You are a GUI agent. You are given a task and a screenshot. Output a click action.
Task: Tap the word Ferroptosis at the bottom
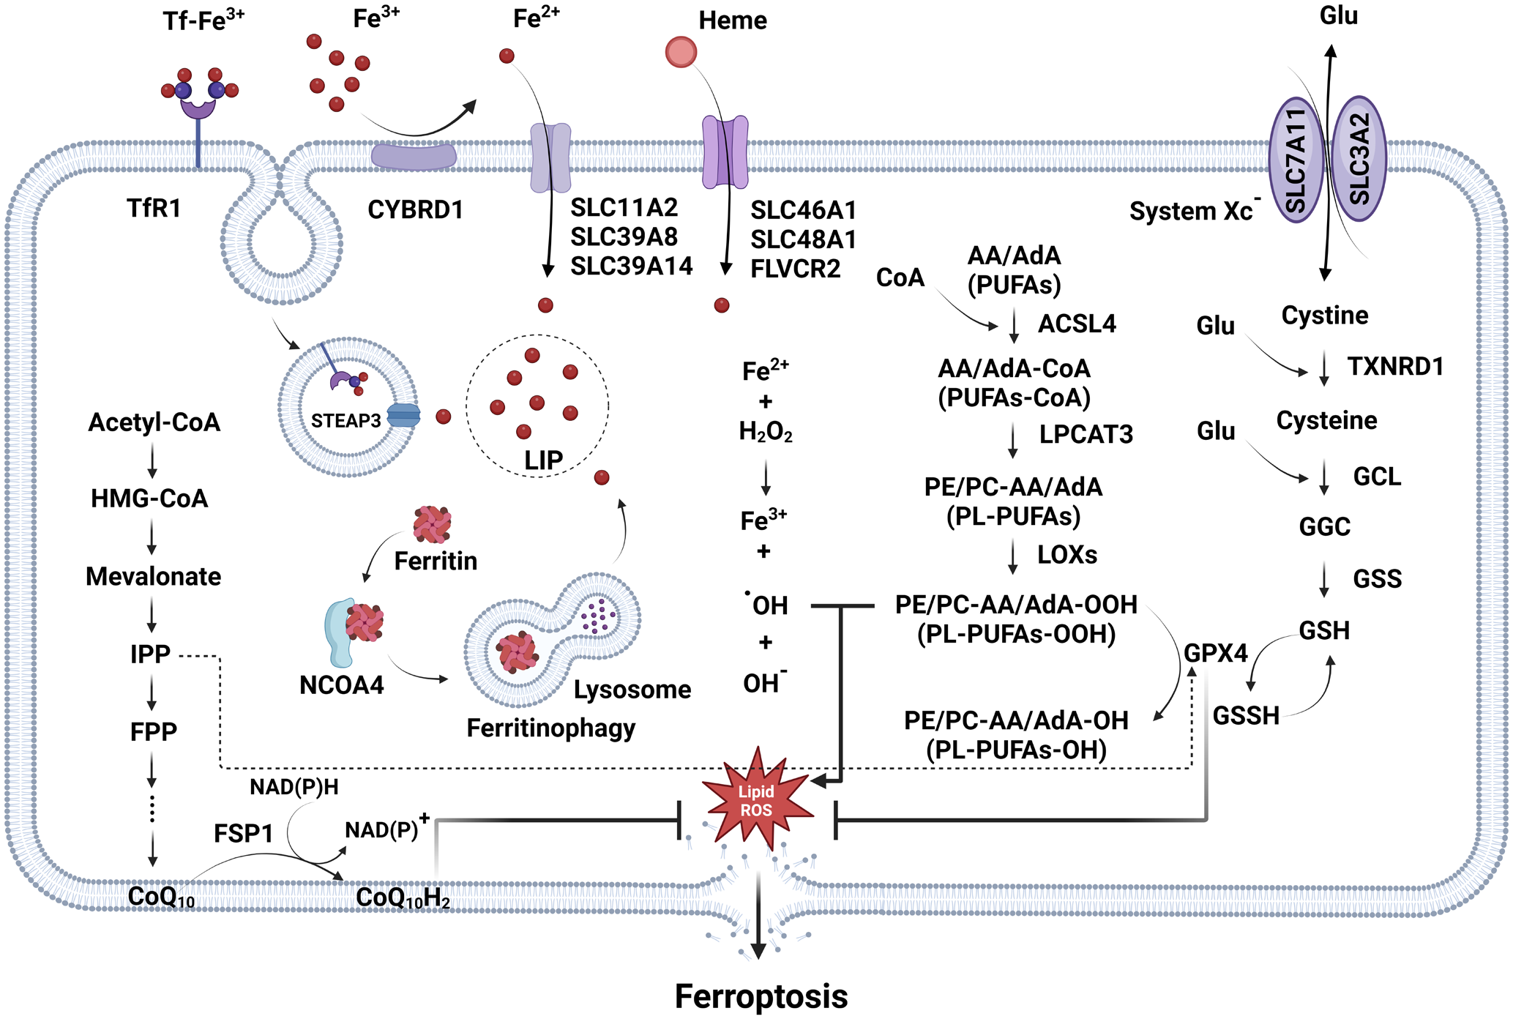tap(761, 996)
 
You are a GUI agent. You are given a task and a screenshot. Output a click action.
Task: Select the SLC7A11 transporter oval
tap(1296, 160)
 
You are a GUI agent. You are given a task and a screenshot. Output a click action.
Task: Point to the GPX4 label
tap(1215, 653)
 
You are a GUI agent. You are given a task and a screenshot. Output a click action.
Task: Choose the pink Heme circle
tap(681, 52)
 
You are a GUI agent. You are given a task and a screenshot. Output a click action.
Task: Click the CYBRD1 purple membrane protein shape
tap(414, 157)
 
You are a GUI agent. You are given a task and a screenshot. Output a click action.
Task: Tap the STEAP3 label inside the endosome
tap(345, 421)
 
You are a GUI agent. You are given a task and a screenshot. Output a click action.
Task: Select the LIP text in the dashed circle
tap(543, 460)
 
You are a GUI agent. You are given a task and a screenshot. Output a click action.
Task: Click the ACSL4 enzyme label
tap(1077, 324)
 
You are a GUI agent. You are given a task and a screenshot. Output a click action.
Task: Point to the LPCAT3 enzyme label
tap(1086, 434)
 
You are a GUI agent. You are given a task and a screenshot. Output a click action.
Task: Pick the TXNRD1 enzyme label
tap(1395, 366)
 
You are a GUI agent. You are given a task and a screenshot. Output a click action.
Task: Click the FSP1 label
tap(243, 833)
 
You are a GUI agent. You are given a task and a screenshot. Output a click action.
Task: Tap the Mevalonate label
tap(153, 576)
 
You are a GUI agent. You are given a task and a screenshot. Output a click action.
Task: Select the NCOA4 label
tap(341, 685)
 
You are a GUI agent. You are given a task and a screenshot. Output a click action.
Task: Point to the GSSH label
tap(1246, 715)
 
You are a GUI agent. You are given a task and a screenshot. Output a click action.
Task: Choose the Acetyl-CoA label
tap(154, 422)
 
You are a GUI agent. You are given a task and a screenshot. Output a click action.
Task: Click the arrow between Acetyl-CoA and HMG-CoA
tap(152, 460)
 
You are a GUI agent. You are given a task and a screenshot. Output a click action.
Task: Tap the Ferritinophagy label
tap(550, 728)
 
